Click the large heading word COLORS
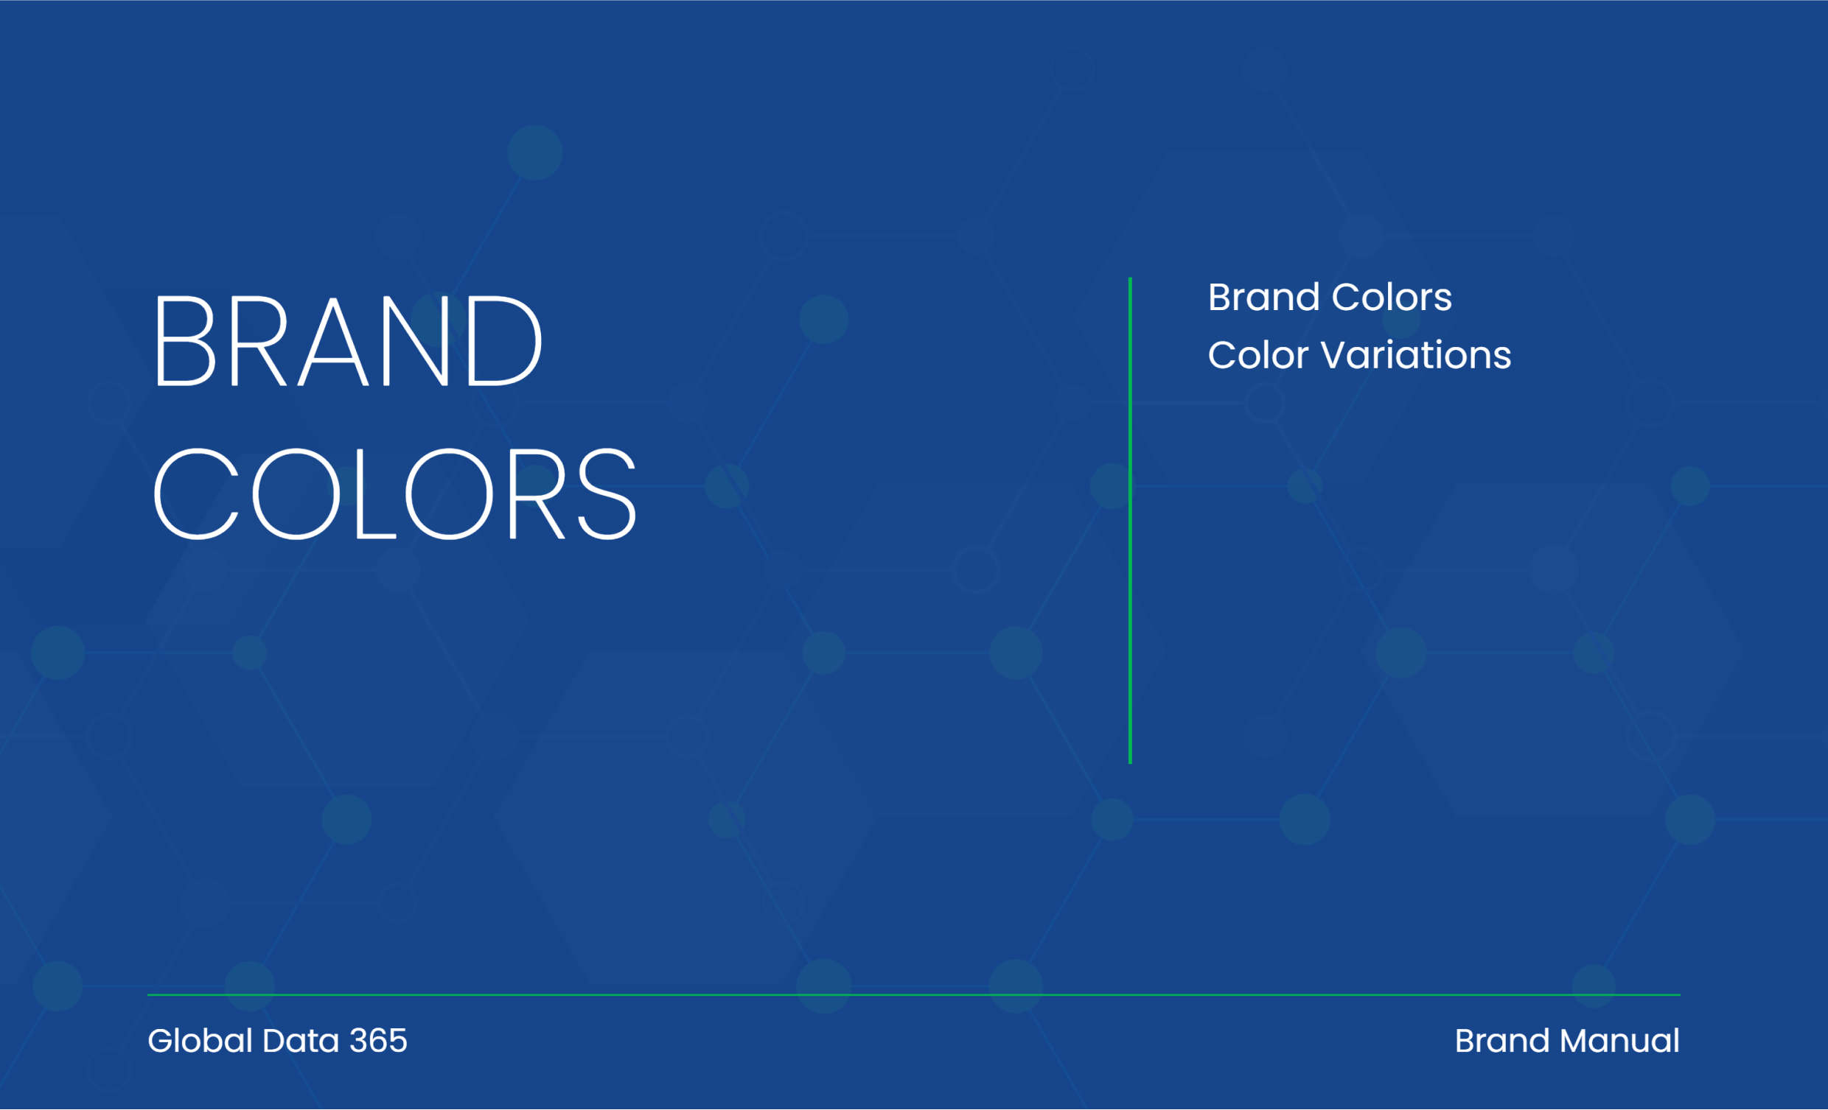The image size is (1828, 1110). pyautogui.click(x=394, y=493)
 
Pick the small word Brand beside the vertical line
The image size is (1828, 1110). pyautogui.click(x=1264, y=298)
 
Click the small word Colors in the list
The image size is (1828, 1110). pyautogui.click(x=1392, y=298)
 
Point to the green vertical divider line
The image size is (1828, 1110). pyautogui.click(x=1130, y=521)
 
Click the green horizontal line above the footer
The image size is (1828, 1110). pyautogui.click(x=914, y=995)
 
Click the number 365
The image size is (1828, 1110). pyautogui.click(x=378, y=1041)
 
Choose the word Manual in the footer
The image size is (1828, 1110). pyautogui.click(x=1619, y=1041)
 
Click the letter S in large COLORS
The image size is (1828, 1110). pyautogui.click(x=607, y=493)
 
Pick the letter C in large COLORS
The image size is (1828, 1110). pyautogui.click(x=196, y=493)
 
